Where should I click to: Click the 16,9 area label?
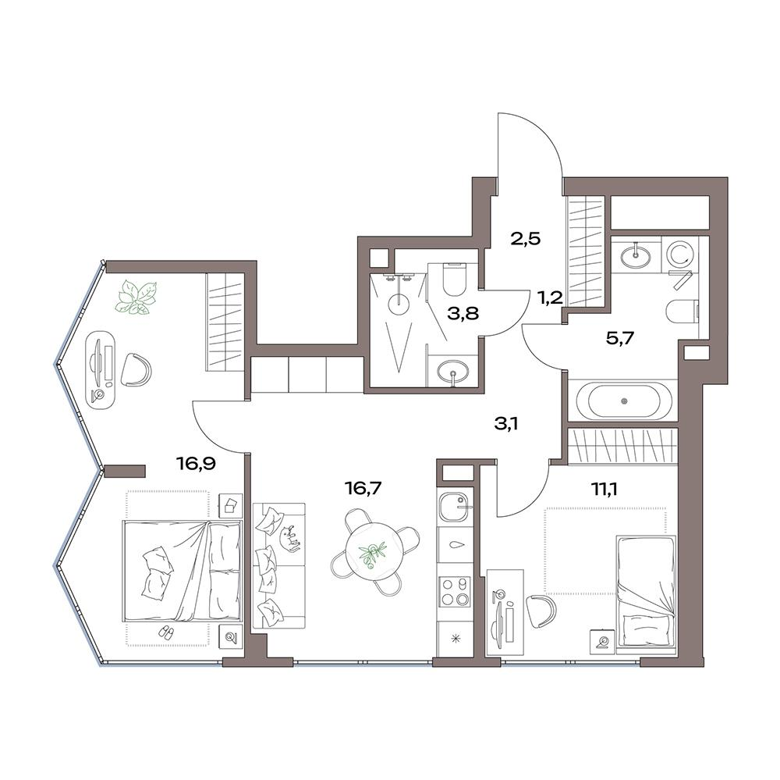pyautogui.click(x=196, y=465)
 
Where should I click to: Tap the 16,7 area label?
pyautogui.click(x=363, y=488)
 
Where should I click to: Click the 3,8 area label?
pyautogui.click(x=463, y=315)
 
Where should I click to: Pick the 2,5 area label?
pyautogui.click(x=525, y=239)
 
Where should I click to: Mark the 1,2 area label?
pyautogui.click(x=549, y=297)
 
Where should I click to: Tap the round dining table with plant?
pyautogui.click(x=375, y=551)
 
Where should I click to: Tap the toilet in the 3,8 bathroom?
pyautogui.click(x=452, y=279)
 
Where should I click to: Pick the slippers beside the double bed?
pyautogui.click(x=165, y=632)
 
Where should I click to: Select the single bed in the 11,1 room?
pyautogui.click(x=646, y=593)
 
